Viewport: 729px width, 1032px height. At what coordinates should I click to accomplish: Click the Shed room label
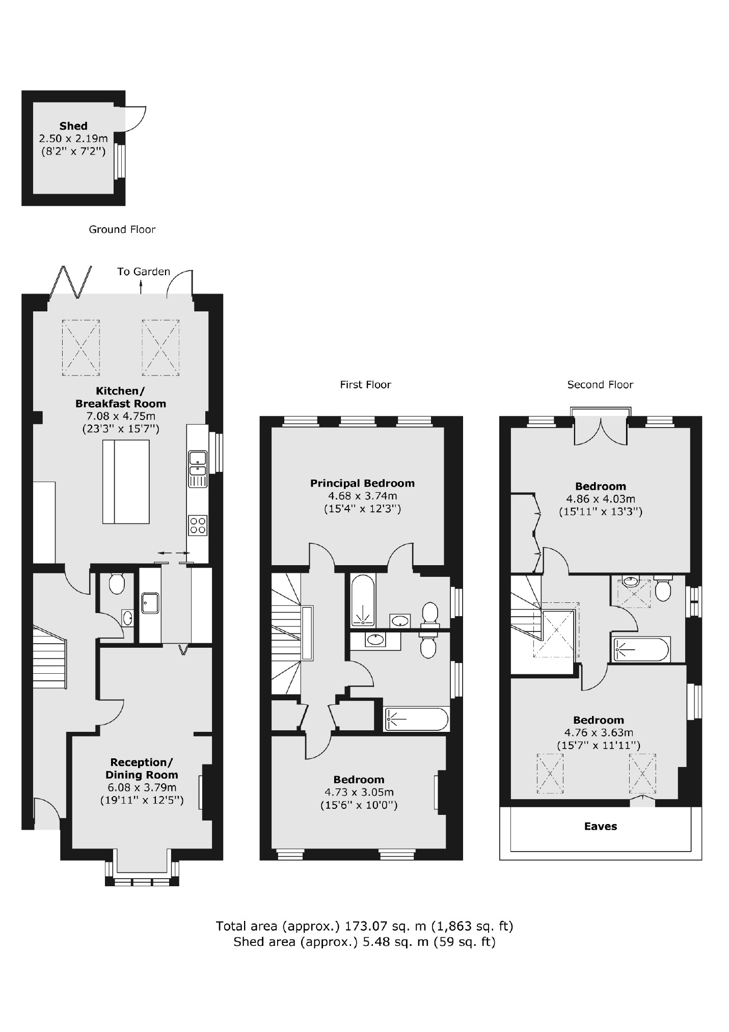pos(73,126)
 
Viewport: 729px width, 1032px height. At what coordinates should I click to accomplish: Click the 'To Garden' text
pos(144,272)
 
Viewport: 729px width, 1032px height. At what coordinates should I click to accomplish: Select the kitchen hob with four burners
pos(198,525)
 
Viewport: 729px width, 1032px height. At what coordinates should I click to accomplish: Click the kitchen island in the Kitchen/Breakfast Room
pos(126,482)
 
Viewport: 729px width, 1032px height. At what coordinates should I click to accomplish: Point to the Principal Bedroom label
pos(362,483)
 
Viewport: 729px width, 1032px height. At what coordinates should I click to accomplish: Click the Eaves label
pos(600,826)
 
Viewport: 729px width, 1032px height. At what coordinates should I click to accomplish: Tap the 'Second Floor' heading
pos(600,385)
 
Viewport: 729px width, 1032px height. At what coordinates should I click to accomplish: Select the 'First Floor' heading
pos(365,385)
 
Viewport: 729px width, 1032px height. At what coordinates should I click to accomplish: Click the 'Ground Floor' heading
pos(122,229)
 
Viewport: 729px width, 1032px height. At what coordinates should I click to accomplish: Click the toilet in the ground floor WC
pos(117,583)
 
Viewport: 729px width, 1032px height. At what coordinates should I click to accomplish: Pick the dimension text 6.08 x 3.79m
pos(141,787)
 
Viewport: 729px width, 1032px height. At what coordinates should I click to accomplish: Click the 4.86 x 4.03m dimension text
pos(600,499)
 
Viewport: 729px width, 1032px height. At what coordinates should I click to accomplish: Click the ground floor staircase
pos(49,657)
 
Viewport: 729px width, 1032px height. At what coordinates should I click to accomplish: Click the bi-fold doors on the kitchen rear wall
pos(71,282)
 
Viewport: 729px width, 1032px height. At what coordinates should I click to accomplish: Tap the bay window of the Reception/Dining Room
pos(142,880)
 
